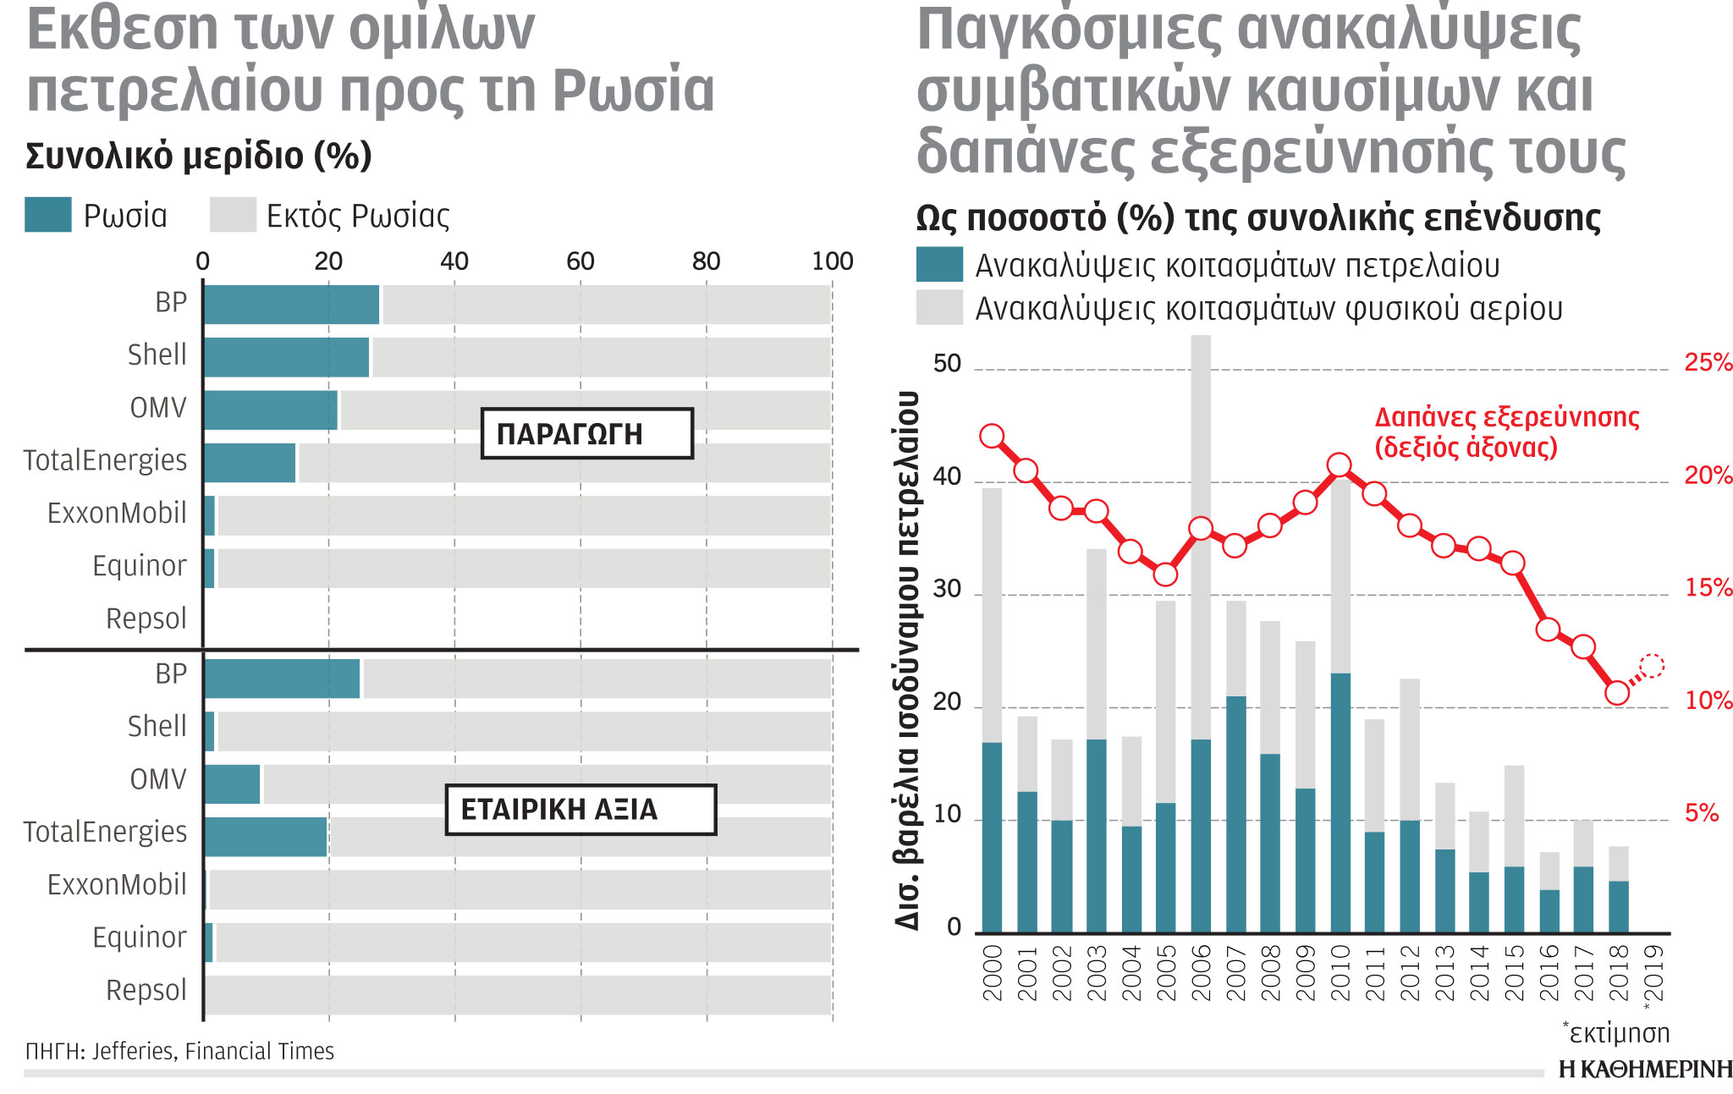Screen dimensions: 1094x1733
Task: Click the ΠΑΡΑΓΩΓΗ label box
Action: point(586,433)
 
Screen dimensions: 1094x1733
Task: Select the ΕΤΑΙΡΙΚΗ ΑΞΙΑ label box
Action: point(580,810)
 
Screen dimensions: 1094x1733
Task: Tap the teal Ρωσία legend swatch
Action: point(48,215)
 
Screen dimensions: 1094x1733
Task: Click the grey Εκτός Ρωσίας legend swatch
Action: point(233,215)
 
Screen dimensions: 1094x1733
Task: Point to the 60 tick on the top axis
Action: point(580,261)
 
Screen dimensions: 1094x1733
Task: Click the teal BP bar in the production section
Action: point(291,305)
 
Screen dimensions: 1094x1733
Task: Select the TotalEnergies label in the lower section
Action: point(105,832)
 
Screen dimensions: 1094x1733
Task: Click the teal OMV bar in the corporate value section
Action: point(233,783)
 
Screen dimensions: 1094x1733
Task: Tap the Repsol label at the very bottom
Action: point(146,990)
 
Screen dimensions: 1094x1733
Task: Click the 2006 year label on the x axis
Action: point(1201,973)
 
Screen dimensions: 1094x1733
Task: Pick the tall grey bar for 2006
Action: point(1201,533)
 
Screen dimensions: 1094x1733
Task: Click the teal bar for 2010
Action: point(1340,804)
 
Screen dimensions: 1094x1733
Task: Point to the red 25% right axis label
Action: point(1708,363)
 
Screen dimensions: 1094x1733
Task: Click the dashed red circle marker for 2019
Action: point(1652,666)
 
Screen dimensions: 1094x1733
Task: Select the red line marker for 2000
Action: point(992,437)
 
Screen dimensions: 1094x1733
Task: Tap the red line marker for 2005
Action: point(1165,574)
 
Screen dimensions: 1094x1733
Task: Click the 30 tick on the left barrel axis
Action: point(947,589)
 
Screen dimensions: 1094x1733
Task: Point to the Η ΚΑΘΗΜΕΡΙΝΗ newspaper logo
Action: point(1645,1069)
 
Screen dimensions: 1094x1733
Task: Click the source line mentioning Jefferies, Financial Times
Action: point(179,1052)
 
